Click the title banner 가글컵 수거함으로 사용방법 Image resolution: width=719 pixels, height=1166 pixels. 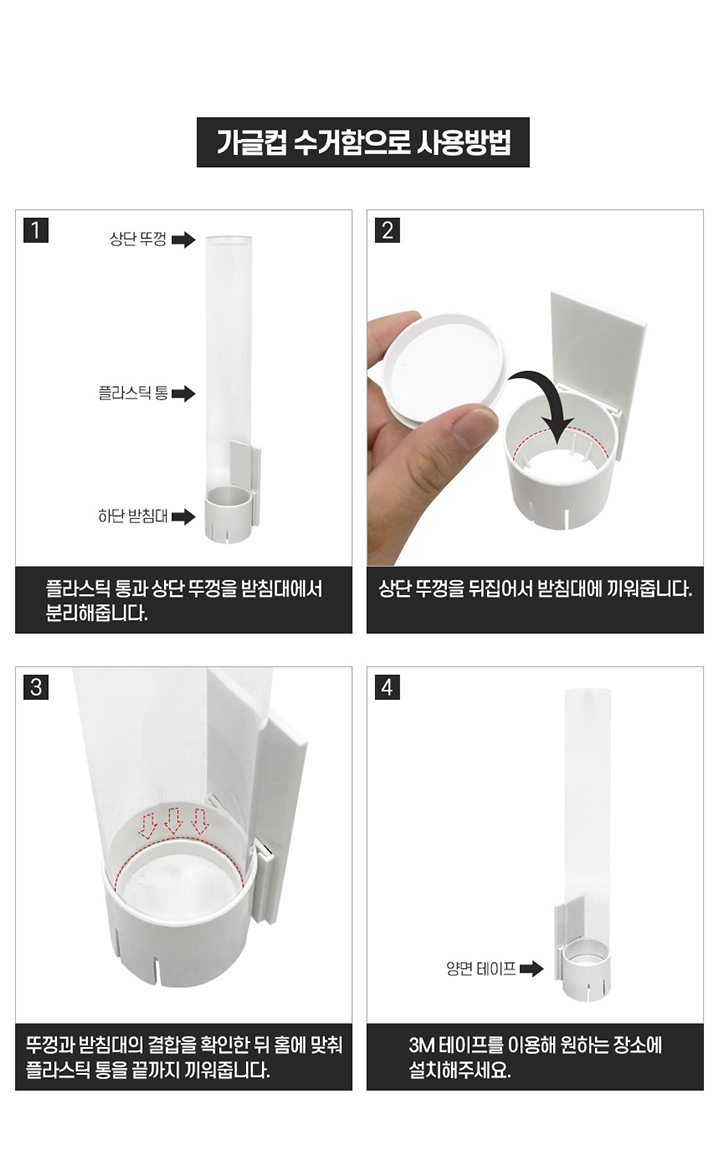click(x=362, y=142)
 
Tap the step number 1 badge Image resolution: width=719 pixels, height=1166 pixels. click(x=36, y=229)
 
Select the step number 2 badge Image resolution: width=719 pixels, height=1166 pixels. click(x=387, y=229)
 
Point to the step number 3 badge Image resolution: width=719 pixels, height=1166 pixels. click(x=36, y=687)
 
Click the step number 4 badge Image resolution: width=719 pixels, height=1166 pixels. click(x=387, y=687)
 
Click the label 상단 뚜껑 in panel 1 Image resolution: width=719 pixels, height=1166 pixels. click(x=138, y=239)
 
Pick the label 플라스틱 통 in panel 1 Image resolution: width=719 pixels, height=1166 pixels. click(x=133, y=393)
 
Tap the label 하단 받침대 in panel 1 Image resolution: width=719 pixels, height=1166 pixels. click(x=133, y=516)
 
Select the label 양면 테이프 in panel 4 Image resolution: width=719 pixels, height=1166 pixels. click(x=481, y=968)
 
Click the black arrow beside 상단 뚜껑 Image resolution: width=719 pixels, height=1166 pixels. click(x=183, y=240)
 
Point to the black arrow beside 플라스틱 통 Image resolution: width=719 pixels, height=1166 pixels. click(x=183, y=394)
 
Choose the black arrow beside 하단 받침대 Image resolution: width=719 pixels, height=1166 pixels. click(x=183, y=517)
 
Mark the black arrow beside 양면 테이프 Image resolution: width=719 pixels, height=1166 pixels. click(x=531, y=969)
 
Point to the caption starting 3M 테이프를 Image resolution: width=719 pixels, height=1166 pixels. click(x=535, y=1057)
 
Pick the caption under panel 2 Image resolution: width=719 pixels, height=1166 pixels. click(x=535, y=589)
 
